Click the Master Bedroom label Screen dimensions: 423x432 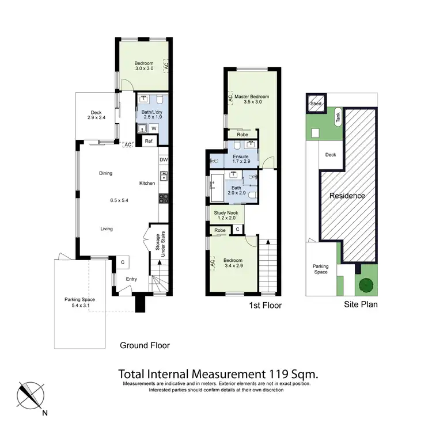[251, 97]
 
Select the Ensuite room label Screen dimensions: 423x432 [240, 156]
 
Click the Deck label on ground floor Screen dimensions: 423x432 [96, 112]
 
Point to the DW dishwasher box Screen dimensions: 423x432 [163, 160]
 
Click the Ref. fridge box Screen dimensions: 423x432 [149, 141]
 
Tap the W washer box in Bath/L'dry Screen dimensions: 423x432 [154, 128]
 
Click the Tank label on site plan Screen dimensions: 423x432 [337, 117]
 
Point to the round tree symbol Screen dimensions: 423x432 [365, 285]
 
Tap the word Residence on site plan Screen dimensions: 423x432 [347, 196]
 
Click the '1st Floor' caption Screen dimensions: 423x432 [266, 306]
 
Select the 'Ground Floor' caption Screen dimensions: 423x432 [145, 345]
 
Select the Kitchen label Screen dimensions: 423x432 [147, 183]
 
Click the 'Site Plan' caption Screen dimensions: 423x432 [362, 304]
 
